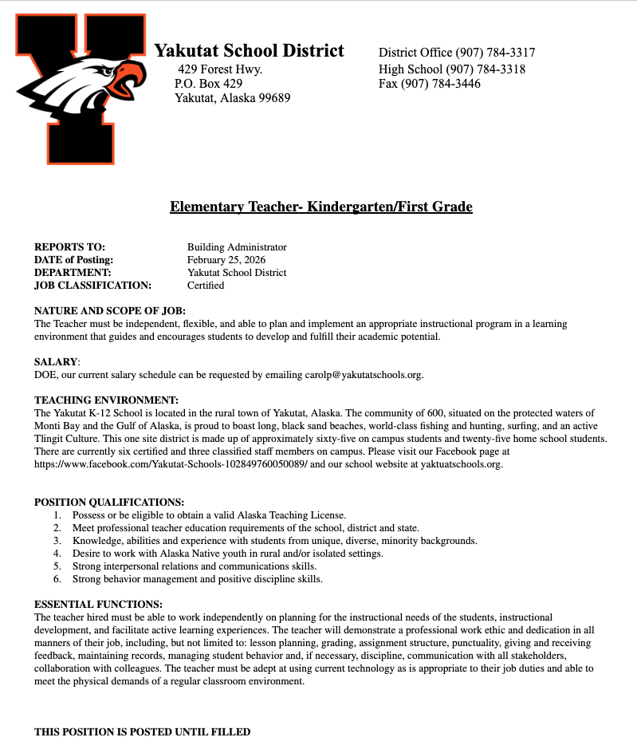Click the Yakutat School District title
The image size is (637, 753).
pos(249,51)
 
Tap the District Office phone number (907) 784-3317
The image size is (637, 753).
pos(457,53)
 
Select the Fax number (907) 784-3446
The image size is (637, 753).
pos(430,84)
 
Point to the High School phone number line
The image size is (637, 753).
pos(452,69)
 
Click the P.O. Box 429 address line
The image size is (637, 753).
pos(208,84)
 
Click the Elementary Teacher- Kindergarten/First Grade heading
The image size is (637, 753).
pos(320,207)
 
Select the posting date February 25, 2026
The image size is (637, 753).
pos(226,260)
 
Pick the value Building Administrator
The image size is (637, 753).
pos(237,247)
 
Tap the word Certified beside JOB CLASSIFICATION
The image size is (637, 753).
pos(206,286)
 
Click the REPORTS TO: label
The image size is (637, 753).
pos(69,247)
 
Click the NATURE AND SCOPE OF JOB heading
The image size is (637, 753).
pos(109,311)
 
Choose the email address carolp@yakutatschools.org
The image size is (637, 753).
pos(364,375)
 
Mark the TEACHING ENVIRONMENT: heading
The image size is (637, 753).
pos(106,400)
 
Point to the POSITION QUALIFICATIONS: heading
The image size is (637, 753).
pos(109,503)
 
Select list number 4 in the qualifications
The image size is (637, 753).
pos(57,554)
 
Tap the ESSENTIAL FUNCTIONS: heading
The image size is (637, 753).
pos(98,605)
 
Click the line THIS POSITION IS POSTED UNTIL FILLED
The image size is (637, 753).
pos(142,732)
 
